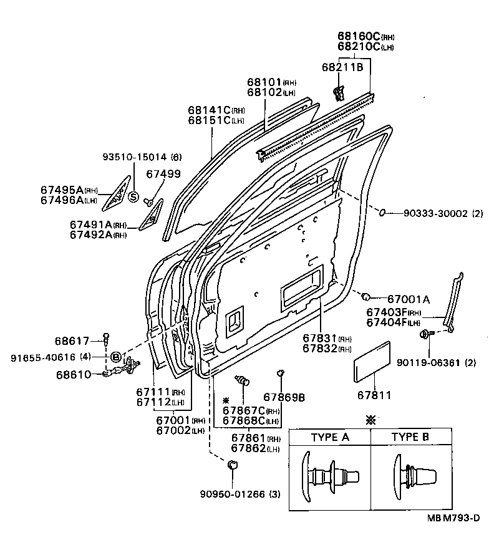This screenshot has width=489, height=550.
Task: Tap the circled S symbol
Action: point(133,197)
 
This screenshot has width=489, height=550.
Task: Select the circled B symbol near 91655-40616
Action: point(115,357)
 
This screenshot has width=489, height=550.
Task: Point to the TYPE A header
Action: point(329,437)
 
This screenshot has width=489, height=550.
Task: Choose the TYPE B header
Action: point(410,437)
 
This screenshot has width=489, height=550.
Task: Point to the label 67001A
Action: point(408,299)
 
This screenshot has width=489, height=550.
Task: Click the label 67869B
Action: point(284,397)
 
